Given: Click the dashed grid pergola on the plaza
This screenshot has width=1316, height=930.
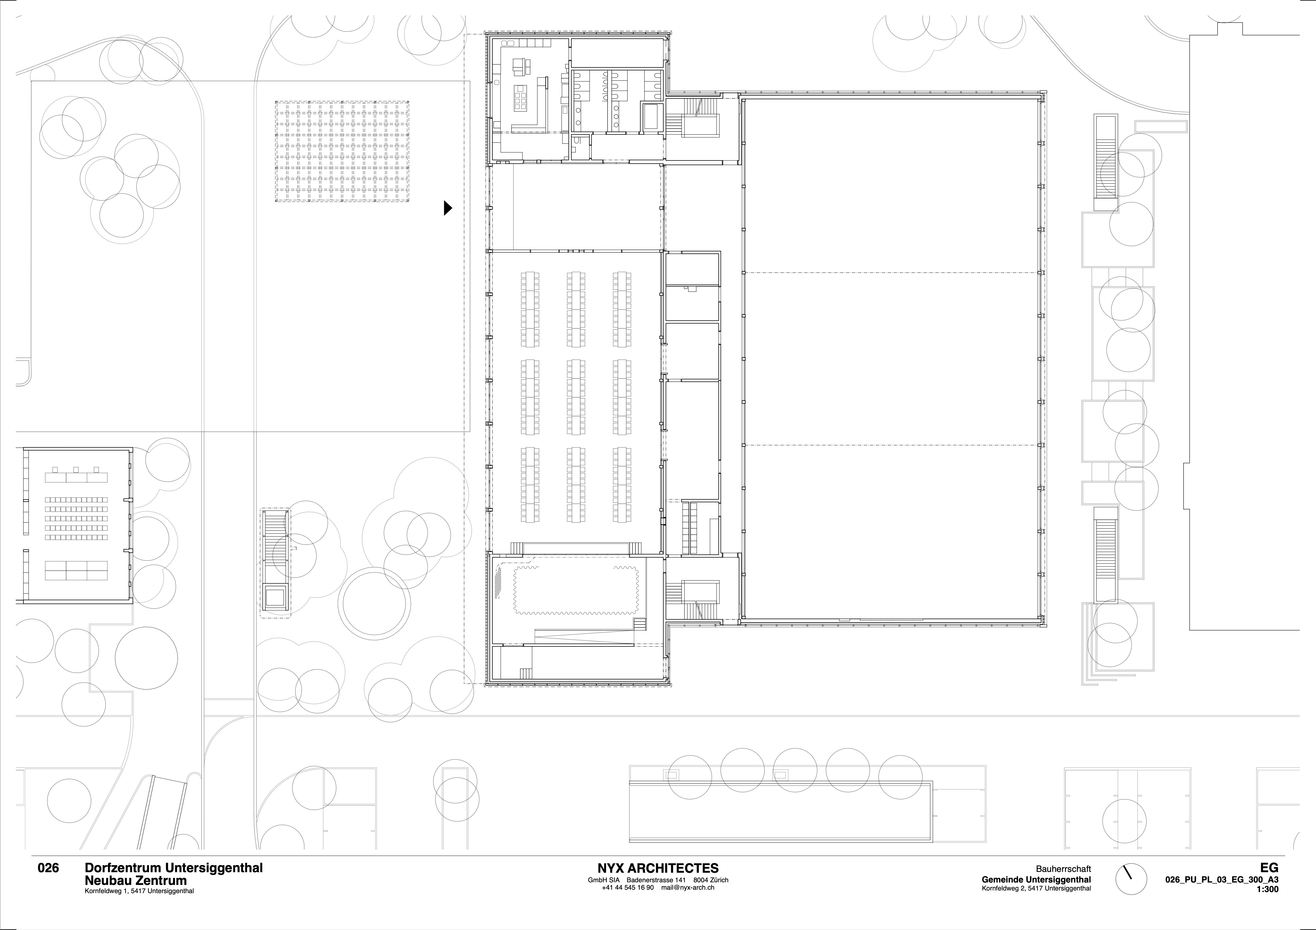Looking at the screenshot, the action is coord(343,152).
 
